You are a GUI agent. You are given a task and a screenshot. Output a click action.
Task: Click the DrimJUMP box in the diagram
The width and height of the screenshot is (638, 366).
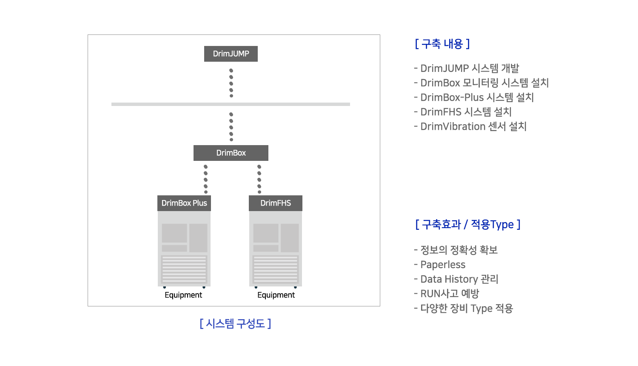[x=231, y=54]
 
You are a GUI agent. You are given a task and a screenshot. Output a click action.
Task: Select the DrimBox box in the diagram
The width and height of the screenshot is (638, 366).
[x=231, y=153]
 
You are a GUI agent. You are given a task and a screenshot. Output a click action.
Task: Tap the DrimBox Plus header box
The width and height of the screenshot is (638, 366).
[x=184, y=203]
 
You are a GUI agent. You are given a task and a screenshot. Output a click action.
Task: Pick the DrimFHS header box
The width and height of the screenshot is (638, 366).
[x=276, y=203]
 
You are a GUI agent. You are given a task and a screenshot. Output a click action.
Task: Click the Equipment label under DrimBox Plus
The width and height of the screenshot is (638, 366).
[x=183, y=295]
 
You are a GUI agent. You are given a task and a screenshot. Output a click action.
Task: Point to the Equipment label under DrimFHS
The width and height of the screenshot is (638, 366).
[x=276, y=295]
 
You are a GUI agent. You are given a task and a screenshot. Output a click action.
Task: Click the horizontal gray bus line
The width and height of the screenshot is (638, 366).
[x=231, y=104]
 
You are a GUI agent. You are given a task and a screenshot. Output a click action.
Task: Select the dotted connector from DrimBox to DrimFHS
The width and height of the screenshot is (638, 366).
[x=259, y=179]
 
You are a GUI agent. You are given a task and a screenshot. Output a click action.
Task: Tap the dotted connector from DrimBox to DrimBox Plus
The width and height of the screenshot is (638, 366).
[x=205, y=179]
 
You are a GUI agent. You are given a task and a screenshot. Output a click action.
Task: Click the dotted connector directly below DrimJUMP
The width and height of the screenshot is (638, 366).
[x=231, y=83]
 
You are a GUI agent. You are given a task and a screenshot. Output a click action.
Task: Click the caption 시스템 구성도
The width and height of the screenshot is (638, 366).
[x=235, y=324]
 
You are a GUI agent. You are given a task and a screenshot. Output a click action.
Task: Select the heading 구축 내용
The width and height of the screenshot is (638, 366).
[x=442, y=44]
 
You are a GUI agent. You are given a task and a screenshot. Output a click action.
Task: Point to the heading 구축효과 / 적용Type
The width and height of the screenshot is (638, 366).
[x=468, y=225]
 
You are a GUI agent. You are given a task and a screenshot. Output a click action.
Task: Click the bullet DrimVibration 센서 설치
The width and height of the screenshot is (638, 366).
[x=470, y=126]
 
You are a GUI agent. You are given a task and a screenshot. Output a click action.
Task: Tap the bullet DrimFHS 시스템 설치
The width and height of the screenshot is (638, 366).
[x=463, y=112]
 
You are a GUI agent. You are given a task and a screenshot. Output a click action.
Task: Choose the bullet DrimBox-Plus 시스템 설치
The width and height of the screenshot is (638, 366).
[x=474, y=97]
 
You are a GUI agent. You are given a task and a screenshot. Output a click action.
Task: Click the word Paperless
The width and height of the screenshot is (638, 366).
[x=443, y=265]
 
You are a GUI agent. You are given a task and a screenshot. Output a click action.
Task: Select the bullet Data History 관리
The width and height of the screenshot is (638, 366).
[x=456, y=279]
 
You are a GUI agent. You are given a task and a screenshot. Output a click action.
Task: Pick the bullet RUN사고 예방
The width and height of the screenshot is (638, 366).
[x=447, y=294]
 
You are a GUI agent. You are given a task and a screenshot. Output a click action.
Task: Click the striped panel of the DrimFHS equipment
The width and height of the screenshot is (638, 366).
[x=276, y=269]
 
